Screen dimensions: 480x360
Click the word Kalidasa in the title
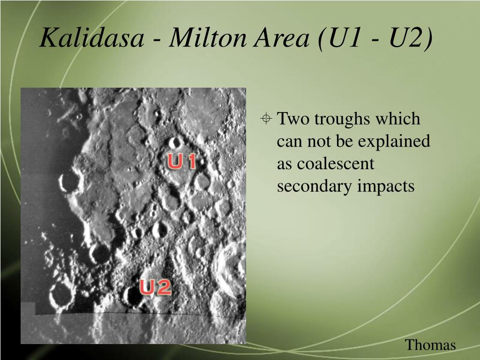[x=92, y=37]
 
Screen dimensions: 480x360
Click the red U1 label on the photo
[x=181, y=161]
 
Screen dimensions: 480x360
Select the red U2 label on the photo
[x=155, y=287]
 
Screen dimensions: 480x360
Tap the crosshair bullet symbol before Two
[x=266, y=118]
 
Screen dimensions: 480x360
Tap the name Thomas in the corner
[x=430, y=345]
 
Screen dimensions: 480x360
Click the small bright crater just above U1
[x=175, y=142]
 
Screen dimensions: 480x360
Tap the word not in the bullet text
[x=319, y=142]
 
